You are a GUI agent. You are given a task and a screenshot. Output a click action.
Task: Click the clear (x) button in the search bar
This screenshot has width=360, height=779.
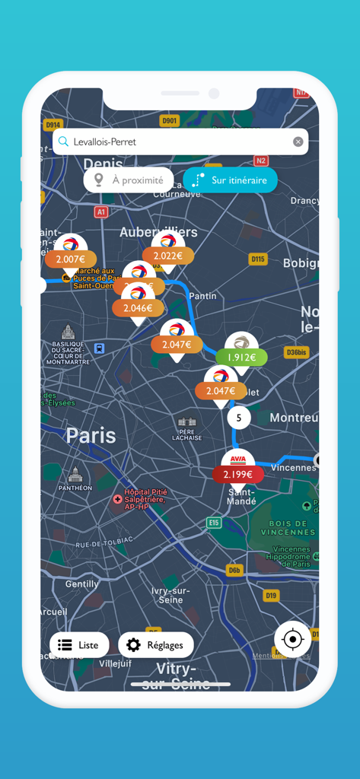tap(298, 141)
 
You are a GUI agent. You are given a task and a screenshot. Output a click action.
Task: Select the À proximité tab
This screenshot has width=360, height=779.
tap(129, 180)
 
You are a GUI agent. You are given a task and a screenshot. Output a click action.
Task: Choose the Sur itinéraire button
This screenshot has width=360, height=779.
tap(230, 180)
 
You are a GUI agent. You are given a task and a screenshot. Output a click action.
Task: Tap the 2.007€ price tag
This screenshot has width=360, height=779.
tap(71, 259)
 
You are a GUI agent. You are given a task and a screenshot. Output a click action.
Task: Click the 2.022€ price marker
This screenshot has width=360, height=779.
tap(168, 256)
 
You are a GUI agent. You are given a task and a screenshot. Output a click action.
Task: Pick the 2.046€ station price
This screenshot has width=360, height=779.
tap(138, 308)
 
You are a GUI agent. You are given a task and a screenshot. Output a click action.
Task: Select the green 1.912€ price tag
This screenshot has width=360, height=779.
tap(241, 357)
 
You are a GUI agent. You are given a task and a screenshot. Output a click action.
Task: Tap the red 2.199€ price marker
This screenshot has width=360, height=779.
tap(238, 474)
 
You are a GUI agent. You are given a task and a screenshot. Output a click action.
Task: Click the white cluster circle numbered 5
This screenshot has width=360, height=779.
tap(239, 418)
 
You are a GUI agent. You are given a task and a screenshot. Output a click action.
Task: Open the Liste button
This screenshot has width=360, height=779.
tap(79, 645)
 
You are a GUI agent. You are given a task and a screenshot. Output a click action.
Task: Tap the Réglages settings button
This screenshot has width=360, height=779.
tap(156, 645)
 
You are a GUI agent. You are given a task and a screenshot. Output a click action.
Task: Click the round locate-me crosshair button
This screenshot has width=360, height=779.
tap(292, 640)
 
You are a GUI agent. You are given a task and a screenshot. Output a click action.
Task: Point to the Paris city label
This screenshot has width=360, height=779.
tap(91, 436)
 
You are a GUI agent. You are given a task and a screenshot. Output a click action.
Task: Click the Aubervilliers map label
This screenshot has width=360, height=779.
tap(158, 232)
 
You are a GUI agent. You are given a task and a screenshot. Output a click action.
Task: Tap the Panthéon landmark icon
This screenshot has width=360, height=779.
tap(75, 475)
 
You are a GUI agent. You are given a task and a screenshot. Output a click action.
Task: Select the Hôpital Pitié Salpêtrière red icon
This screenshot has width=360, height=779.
tap(116, 499)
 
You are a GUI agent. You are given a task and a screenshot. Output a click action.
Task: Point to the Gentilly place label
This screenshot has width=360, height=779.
tap(81, 583)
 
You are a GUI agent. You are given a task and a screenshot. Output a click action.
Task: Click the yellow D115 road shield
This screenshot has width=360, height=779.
tap(259, 259)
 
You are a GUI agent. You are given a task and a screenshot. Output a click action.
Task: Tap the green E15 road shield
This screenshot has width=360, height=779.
tap(214, 523)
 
